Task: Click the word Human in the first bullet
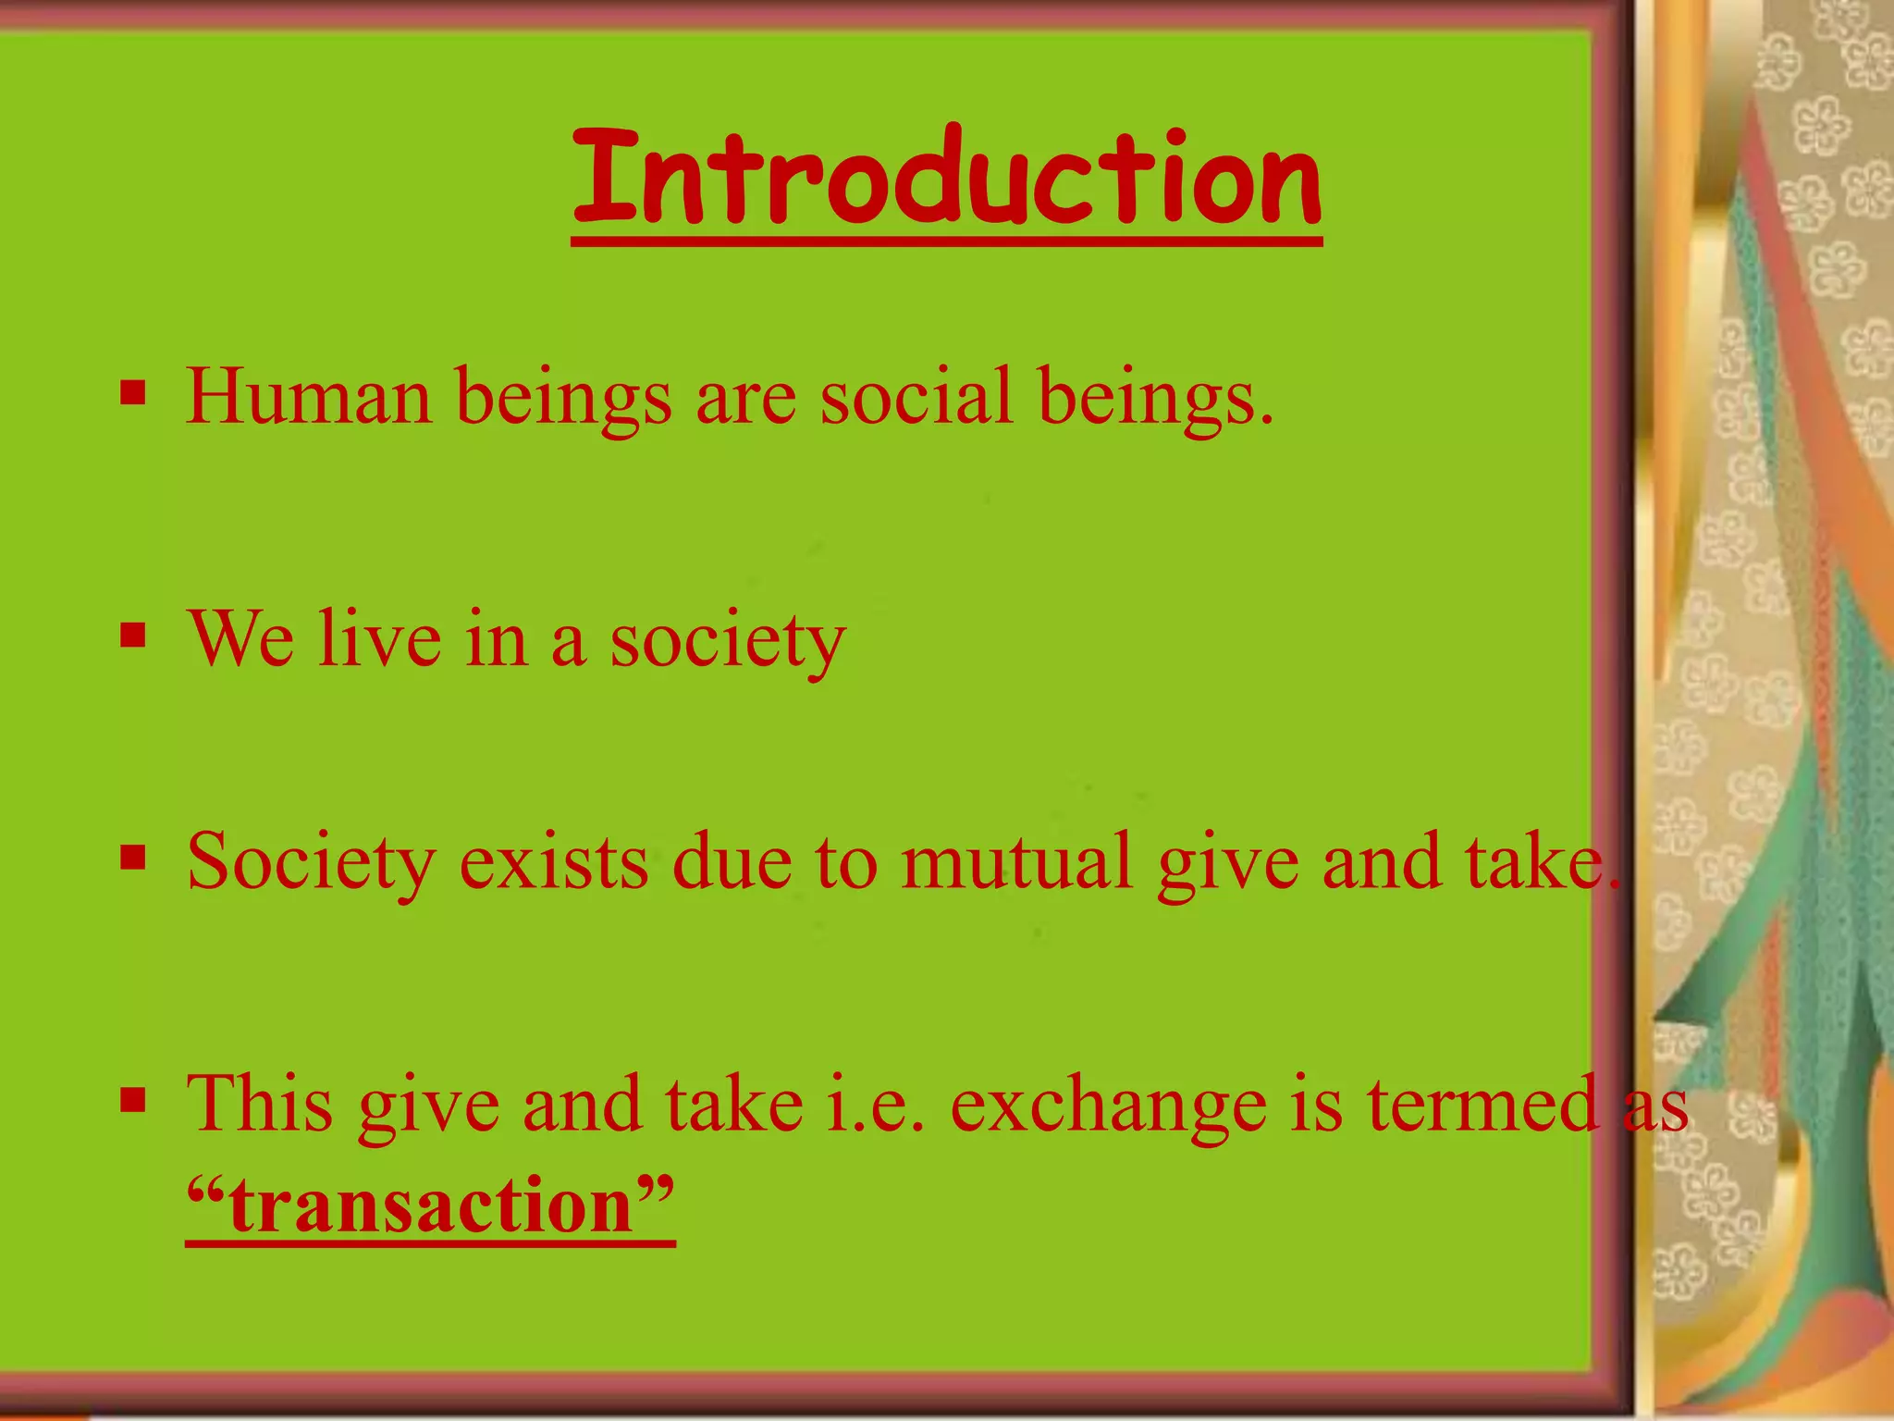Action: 308,398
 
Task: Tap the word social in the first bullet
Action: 915,398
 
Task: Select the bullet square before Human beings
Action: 133,394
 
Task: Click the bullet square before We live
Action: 133,636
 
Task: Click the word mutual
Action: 1015,862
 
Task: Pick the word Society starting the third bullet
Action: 311,862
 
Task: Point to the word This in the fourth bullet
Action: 260,1105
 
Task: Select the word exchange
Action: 1108,1106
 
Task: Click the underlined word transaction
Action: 430,1206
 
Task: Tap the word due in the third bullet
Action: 731,862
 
